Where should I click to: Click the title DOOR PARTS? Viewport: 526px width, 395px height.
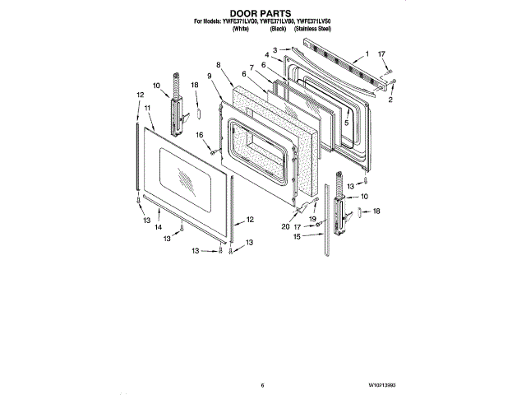(x=262, y=12)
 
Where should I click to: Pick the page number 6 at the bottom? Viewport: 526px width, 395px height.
(x=261, y=384)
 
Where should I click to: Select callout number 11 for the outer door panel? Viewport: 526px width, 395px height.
(x=146, y=108)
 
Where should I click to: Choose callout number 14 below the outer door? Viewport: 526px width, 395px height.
(x=159, y=227)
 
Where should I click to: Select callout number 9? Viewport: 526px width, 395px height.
(x=209, y=76)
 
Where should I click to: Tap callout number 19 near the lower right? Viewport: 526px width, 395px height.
(x=312, y=219)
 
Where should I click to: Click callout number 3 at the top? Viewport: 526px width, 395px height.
(x=275, y=49)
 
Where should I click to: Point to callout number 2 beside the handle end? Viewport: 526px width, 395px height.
(x=391, y=99)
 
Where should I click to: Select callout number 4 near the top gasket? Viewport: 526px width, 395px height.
(x=266, y=55)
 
